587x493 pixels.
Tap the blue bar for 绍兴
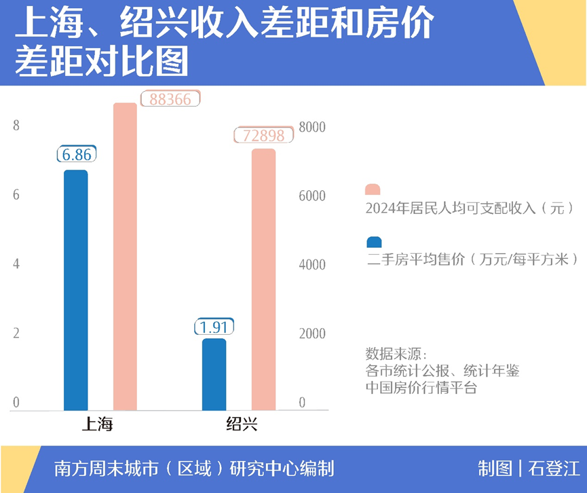[x=214, y=374]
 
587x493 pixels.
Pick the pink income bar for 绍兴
[x=263, y=280]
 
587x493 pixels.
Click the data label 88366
[x=170, y=99]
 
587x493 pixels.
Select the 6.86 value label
[x=76, y=154]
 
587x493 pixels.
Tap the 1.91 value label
[x=214, y=327]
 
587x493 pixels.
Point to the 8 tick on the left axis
[x=16, y=126]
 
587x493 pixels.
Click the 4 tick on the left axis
[x=16, y=264]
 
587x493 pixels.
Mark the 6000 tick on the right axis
[x=313, y=196]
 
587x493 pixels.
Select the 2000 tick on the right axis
[x=313, y=334]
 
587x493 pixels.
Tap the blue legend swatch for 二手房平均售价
[x=373, y=242]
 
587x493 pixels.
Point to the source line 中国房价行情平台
[x=421, y=388]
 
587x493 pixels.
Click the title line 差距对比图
[x=102, y=62]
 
